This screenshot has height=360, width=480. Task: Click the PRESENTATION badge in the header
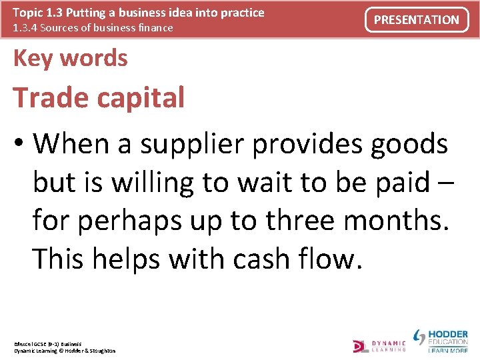(x=417, y=20)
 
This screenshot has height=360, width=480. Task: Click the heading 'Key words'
(x=70, y=59)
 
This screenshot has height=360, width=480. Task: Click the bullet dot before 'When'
(x=21, y=143)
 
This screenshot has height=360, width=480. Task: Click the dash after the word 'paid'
(x=447, y=183)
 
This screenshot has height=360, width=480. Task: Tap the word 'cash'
(x=262, y=259)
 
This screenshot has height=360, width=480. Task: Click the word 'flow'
(x=329, y=259)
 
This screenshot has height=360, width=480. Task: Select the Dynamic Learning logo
(x=379, y=345)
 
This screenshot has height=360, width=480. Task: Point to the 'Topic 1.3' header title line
(x=139, y=13)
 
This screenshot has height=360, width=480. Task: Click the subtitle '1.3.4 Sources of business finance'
(x=93, y=28)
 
